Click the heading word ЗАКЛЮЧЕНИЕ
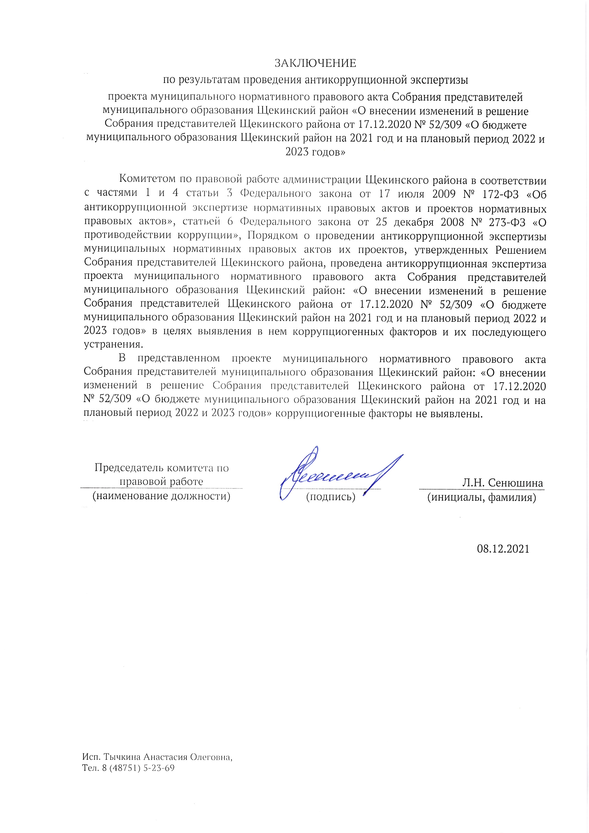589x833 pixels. pos(315,63)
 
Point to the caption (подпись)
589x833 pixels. pos(331,497)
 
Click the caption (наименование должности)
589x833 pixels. pos(161,496)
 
